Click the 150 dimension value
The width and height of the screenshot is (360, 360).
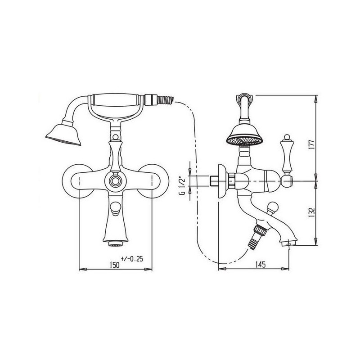(115, 265)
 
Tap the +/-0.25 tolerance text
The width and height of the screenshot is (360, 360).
(132, 259)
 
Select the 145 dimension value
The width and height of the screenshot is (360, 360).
(261, 265)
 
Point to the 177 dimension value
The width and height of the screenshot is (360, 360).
(311, 144)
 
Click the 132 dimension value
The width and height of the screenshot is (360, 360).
(311, 213)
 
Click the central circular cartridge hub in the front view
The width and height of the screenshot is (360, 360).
(115, 181)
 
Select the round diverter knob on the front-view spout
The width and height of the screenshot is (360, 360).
(115, 208)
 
